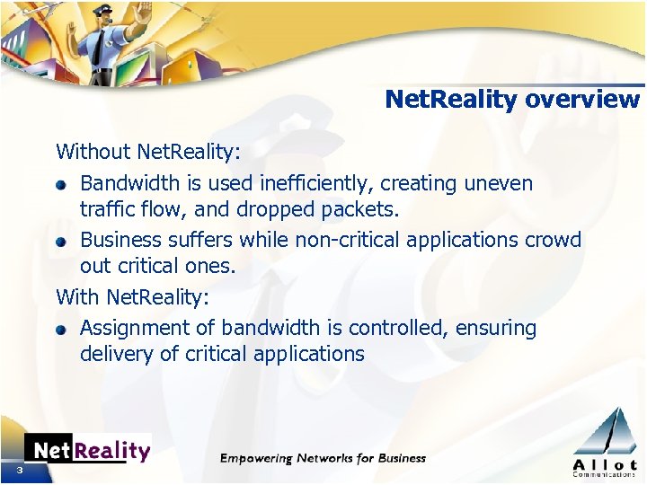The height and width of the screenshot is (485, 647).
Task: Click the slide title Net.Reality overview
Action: click(512, 99)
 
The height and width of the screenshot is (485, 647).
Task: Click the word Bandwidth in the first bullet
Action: click(131, 184)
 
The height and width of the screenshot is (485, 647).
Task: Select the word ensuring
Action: click(496, 329)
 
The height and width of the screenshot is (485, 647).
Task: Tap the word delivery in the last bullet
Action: click(116, 354)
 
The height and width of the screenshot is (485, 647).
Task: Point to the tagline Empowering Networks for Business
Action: click(323, 458)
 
